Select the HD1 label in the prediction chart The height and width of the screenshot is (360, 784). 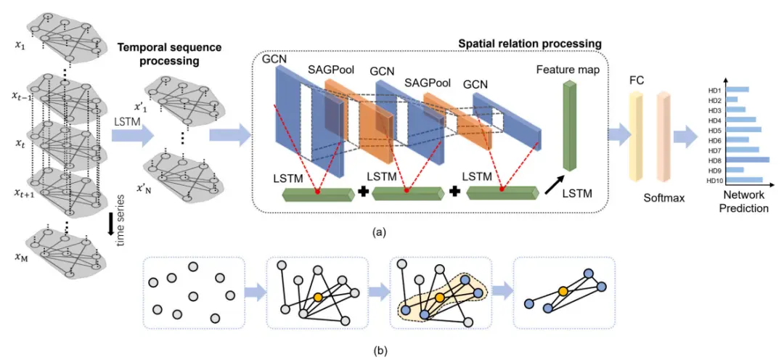coord(714,90)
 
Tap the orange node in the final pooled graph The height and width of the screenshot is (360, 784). coord(563,291)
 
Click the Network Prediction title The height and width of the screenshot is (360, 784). coord(743,202)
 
